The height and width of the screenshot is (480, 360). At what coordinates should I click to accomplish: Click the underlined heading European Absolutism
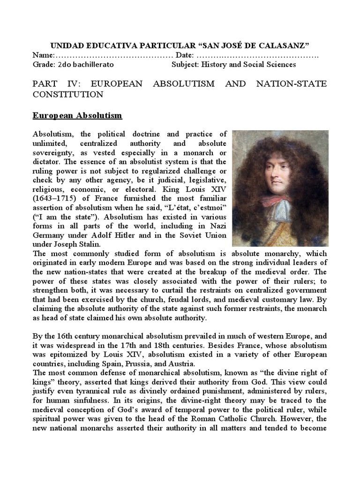77,115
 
